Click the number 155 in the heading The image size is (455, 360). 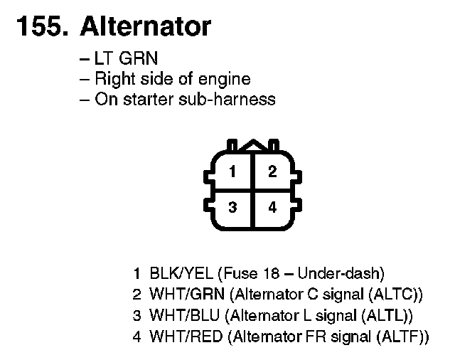tap(39, 26)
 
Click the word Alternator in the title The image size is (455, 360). tap(146, 26)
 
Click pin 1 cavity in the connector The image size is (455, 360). tap(232, 171)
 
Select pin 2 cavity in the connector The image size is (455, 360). tap(272, 171)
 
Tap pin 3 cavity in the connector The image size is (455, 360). tap(232, 208)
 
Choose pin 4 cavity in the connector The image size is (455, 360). tap(272, 208)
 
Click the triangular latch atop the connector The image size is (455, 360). tap(252, 145)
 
